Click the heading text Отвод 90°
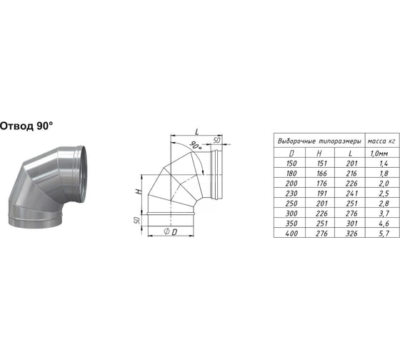click(x=26, y=126)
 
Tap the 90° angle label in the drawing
click(x=196, y=146)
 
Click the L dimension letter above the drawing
click(x=196, y=131)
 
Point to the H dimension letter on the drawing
click(x=139, y=191)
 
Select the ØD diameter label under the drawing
click(x=171, y=232)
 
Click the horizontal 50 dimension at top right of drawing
click(x=216, y=140)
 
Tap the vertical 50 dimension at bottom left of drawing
click(x=137, y=220)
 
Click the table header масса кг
click(x=381, y=141)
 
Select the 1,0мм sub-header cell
click(x=379, y=154)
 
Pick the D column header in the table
click(x=291, y=154)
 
